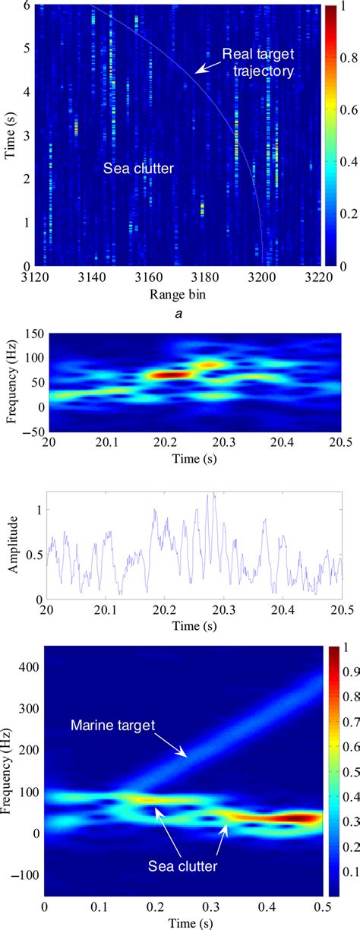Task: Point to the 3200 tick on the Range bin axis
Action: [262, 277]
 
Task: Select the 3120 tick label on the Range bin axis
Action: [44, 277]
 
